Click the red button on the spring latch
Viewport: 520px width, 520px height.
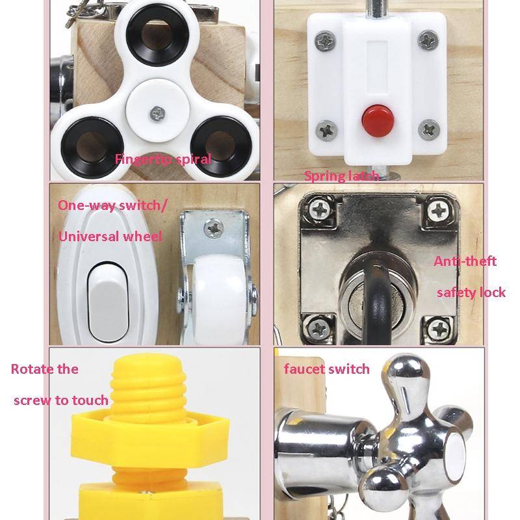coord(378,120)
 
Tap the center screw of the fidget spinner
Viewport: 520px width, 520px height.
coord(158,114)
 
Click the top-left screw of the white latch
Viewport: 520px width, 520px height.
coord(326,41)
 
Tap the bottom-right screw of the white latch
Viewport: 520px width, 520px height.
coord(429,129)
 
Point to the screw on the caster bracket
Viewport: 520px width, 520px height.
coord(214,229)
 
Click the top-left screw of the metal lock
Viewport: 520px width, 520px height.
coord(320,209)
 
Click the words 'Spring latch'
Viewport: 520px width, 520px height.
coord(342,175)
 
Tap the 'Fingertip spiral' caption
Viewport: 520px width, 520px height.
coord(163,159)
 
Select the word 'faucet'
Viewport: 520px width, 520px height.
coord(305,369)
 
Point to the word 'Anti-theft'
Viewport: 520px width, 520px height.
coord(465,261)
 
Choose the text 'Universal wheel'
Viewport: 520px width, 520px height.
coord(110,237)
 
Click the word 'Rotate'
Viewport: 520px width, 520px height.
coord(32,369)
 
